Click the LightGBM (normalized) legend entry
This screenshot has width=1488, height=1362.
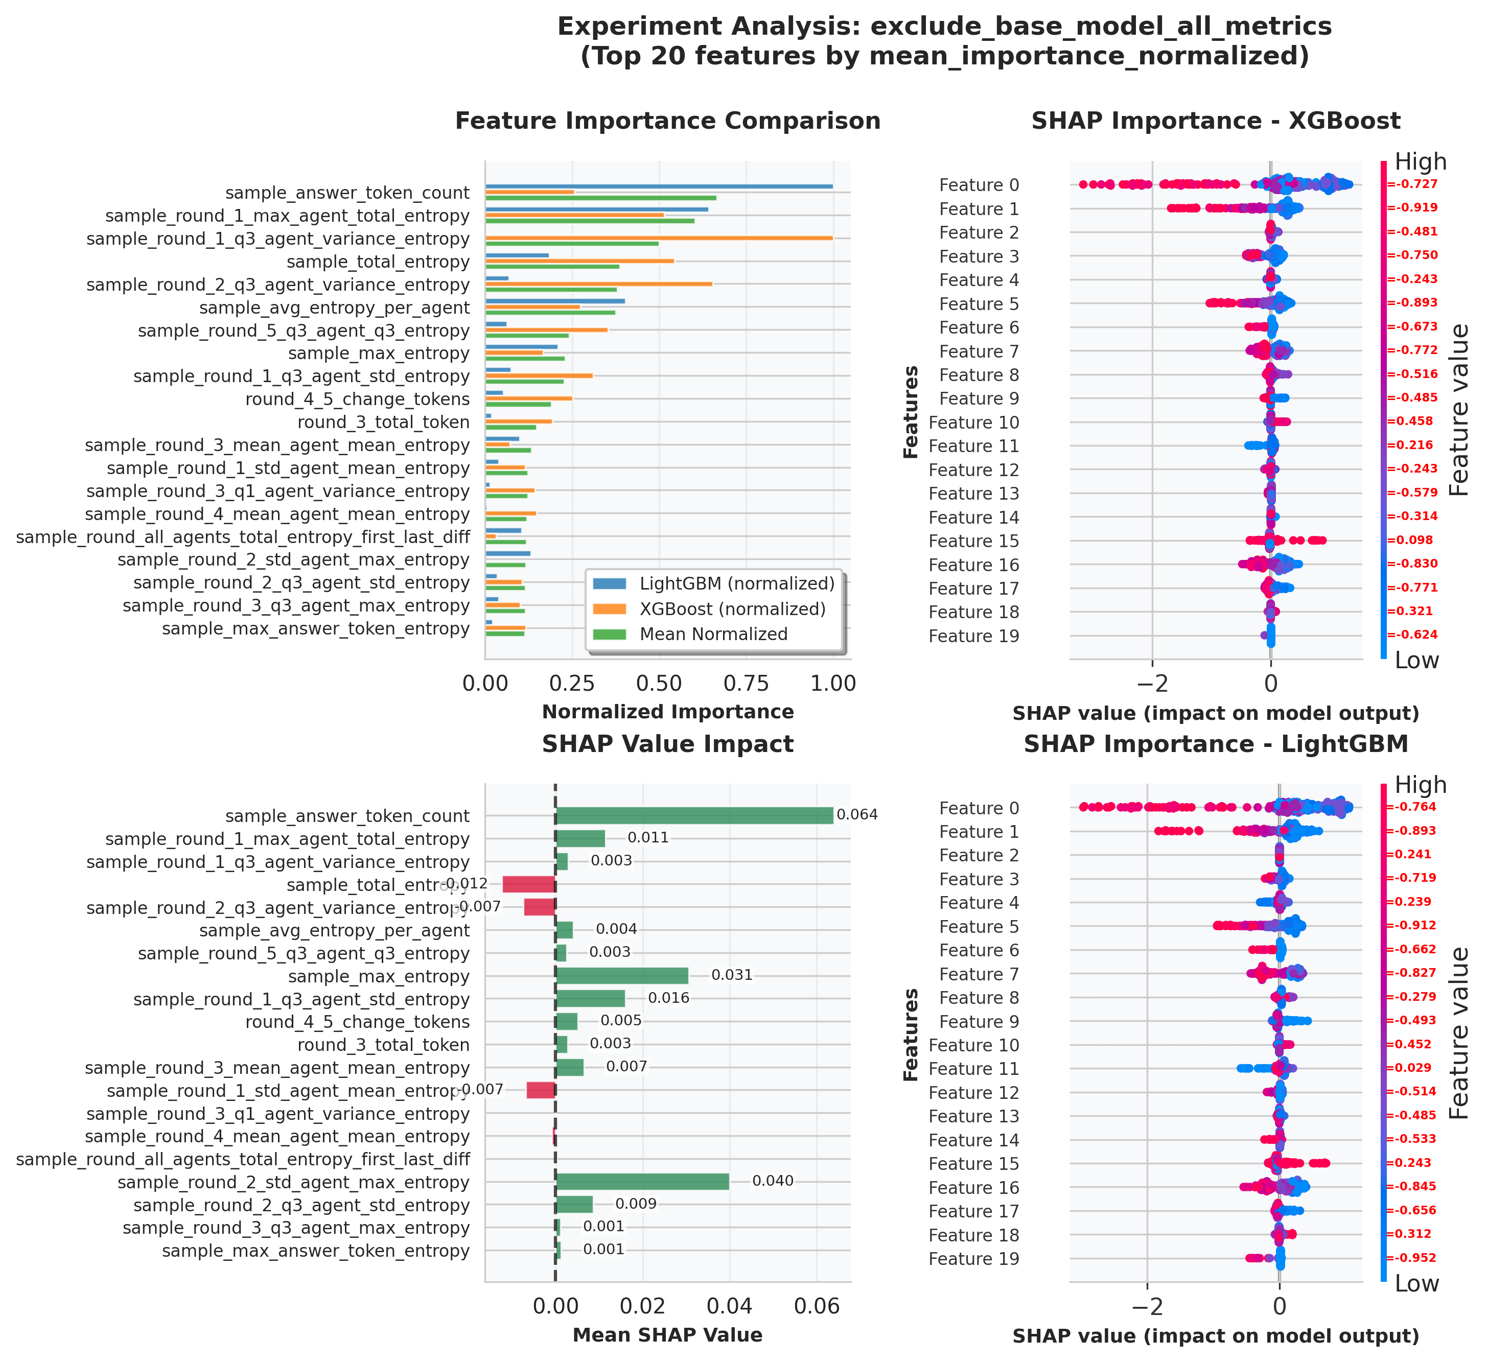(x=737, y=583)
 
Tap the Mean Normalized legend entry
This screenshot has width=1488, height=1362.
(x=713, y=634)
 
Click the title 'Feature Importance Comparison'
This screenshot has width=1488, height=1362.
(x=667, y=121)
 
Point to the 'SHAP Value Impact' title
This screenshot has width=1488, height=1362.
(x=667, y=744)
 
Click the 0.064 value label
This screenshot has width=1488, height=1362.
(x=857, y=814)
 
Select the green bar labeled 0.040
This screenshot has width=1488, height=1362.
(x=642, y=1181)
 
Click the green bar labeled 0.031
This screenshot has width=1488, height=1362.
(x=621, y=975)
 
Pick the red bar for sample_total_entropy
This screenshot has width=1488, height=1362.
(x=528, y=884)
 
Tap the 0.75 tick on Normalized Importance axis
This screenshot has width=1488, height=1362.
(x=746, y=683)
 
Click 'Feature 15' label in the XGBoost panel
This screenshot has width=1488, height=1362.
(x=973, y=541)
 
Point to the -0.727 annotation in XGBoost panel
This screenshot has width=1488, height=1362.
(x=1413, y=184)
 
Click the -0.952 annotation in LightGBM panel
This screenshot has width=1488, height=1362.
(x=1413, y=1258)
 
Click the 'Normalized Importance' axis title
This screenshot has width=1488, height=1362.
(x=667, y=712)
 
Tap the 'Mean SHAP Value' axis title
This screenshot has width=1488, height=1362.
(x=667, y=1335)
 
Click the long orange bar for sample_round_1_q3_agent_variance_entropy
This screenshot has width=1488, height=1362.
(x=658, y=238)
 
